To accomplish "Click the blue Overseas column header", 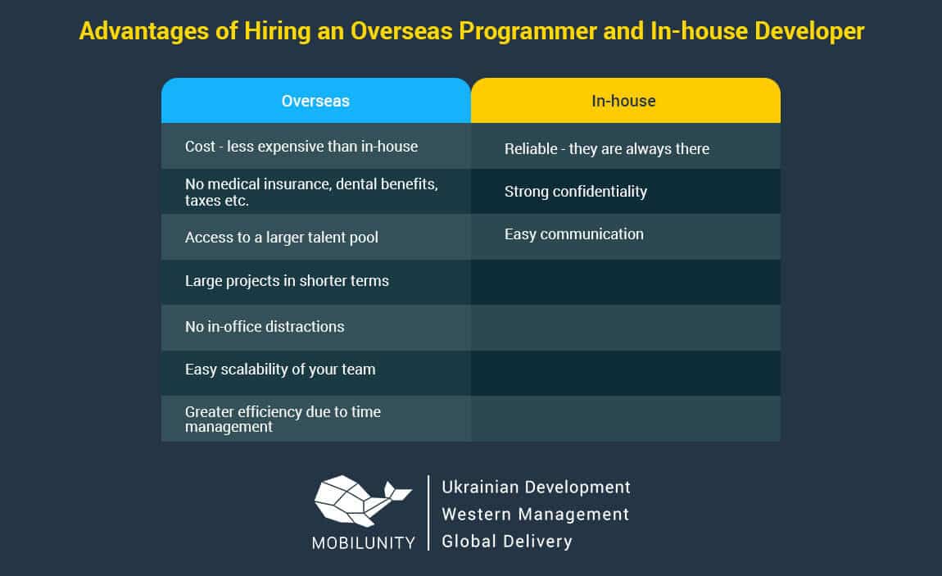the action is [316, 100].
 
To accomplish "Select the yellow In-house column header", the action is [625, 100].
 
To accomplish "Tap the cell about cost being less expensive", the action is [316, 146].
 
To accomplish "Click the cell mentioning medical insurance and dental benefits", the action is [316, 192].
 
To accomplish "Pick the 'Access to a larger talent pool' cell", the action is [316, 238].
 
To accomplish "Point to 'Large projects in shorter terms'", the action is [316, 282].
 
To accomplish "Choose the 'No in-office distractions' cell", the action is [316, 328].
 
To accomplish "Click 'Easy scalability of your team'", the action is [316, 373].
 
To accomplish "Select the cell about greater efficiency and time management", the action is [316, 419].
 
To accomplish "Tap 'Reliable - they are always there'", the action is [625, 146].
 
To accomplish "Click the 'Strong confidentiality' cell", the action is [625, 192].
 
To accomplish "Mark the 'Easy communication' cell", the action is [625, 238].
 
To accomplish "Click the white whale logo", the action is [360, 501].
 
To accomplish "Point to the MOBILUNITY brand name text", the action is [364, 543].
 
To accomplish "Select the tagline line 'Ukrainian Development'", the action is [536, 488].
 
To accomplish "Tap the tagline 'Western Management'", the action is [535, 514].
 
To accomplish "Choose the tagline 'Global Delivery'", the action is [507, 542].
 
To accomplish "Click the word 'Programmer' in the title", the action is [528, 31].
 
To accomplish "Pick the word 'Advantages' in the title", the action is [143, 31].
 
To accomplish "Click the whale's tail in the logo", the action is [397, 492].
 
